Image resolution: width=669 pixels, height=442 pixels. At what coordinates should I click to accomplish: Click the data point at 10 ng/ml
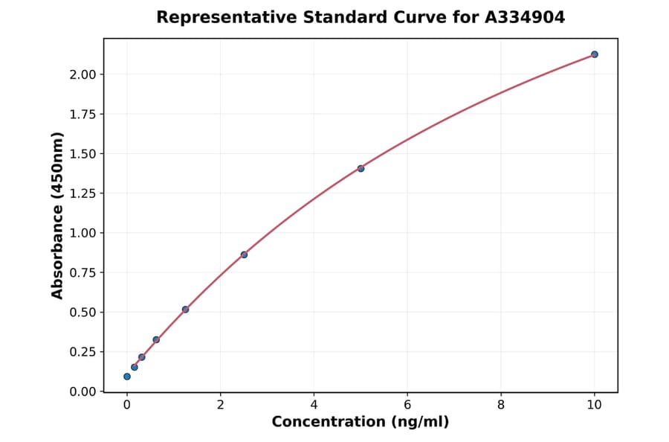[594, 54]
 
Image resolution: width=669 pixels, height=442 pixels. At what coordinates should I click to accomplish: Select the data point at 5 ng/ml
[361, 168]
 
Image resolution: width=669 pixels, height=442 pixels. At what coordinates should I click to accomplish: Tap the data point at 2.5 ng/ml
[244, 254]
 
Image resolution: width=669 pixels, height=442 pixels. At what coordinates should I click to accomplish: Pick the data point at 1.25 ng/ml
[185, 310]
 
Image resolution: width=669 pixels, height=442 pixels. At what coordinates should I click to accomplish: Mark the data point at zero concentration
[127, 377]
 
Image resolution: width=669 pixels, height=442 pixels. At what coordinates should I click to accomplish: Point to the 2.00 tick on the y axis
[82, 74]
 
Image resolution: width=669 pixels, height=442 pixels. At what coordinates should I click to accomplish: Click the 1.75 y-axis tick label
[82, 114]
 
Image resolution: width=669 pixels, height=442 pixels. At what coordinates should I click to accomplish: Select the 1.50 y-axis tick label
[82, 154]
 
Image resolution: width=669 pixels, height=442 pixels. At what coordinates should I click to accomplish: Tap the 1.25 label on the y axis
[82, 193]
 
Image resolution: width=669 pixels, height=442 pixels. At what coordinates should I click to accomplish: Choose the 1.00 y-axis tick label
[82, 233]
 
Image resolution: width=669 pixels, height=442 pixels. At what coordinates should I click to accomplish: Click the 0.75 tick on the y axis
[82, 273]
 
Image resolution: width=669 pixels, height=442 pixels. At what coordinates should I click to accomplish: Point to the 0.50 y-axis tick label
[82, 313]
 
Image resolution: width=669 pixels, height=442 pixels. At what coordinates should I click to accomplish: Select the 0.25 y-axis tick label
[82, 352]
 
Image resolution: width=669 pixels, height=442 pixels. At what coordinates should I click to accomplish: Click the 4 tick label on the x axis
[314, 406]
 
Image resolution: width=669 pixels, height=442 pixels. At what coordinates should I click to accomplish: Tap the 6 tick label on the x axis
[407, 406]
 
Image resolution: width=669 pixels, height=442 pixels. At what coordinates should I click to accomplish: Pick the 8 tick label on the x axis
[501, 406]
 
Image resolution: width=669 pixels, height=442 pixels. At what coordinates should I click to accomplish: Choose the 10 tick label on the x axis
[594, 406]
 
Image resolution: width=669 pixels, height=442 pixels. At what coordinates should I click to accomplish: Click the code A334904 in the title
[525, 17]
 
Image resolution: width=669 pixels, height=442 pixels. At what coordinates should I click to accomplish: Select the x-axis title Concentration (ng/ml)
[361, 423]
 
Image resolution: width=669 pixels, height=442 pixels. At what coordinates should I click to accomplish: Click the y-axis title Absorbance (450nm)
[57, 215]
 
